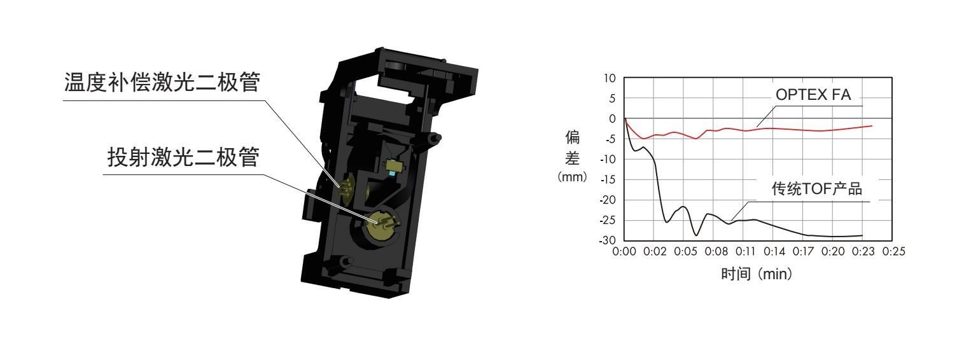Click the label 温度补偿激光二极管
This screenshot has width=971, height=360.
click(162, 82)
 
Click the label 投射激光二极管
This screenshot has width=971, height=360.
click(183, 157)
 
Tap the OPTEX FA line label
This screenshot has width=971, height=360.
click(813, 94)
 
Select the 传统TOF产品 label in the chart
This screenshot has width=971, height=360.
click(816, 189)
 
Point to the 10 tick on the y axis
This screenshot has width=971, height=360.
click(610, 78)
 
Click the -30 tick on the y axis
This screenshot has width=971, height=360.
click(607, 240)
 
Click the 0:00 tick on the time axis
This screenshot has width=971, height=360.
click(624, 252)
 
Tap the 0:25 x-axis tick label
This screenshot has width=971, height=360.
click(894, 252)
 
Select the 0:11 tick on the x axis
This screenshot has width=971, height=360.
click(744, 252)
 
